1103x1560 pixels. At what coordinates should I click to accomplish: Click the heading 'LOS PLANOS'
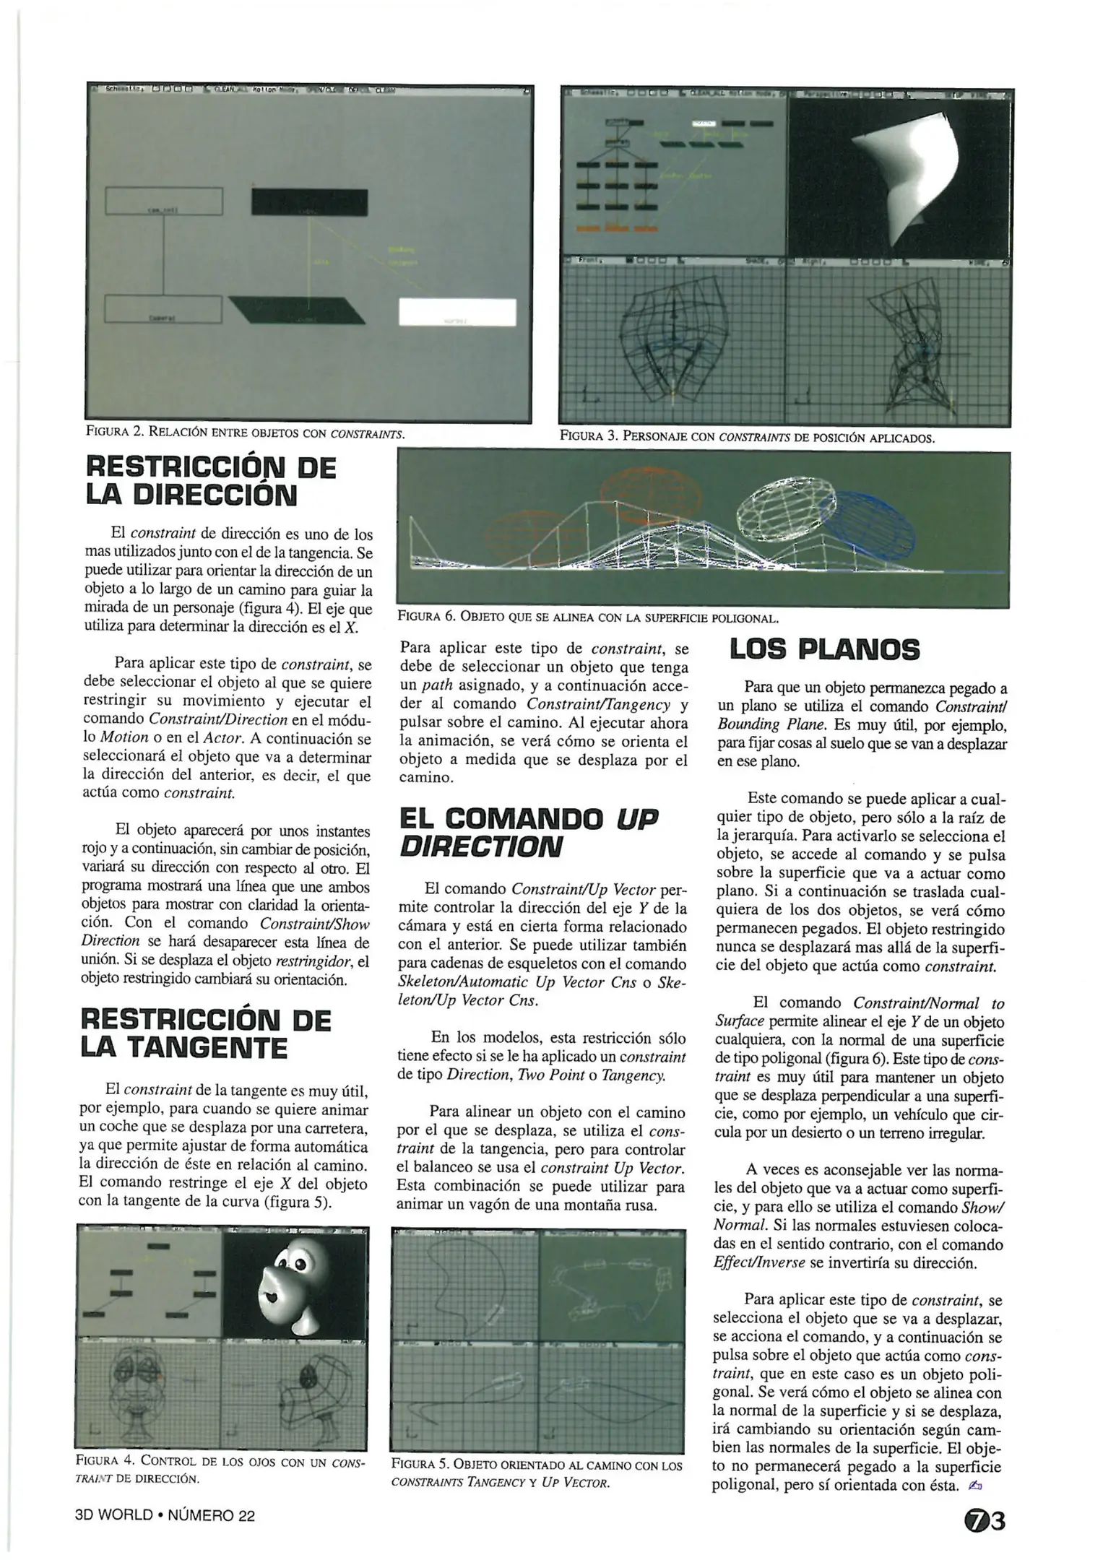point(824,649)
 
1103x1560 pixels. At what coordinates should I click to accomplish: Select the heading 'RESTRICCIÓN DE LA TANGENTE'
point(206,1033)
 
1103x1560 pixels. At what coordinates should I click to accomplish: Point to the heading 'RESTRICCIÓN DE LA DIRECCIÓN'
point(210,482)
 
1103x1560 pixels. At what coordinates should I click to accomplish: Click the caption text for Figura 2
point(246,433)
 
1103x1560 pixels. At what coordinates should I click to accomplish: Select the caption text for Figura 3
point(746,437)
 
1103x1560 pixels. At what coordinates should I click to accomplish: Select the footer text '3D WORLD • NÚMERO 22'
point(165,1515)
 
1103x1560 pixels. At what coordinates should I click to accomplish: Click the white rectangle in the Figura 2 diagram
point(457,312)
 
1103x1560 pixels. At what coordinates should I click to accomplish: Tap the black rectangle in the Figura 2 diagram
point(309,201)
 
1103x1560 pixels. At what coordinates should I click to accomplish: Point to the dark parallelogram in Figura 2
point(296,309)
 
